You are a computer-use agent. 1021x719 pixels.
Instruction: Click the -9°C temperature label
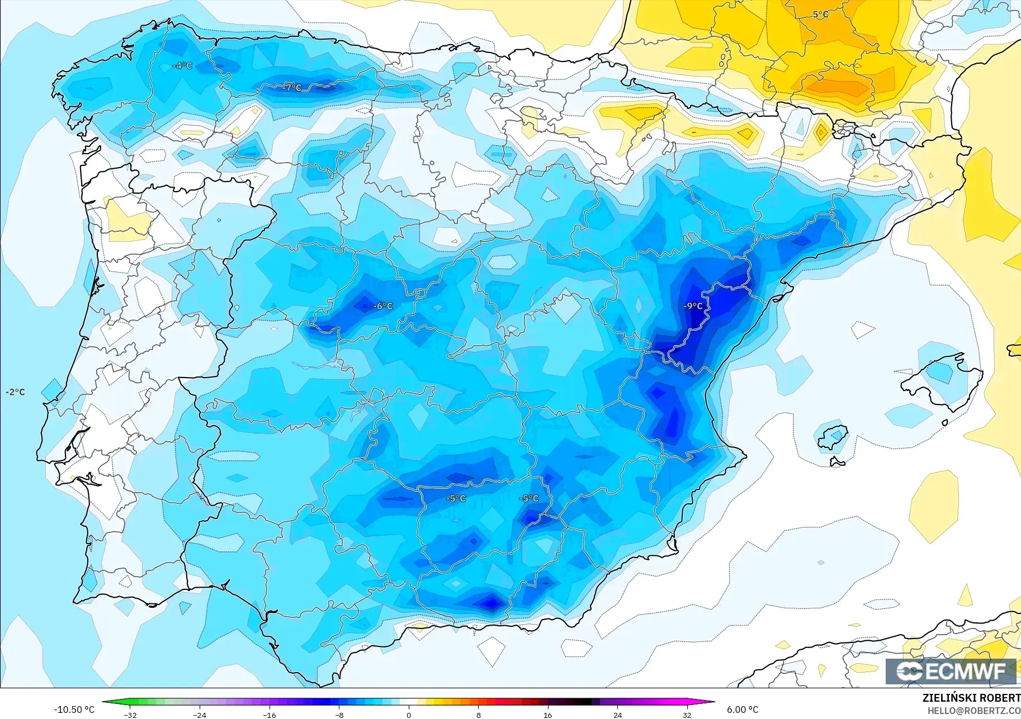click(693, 306)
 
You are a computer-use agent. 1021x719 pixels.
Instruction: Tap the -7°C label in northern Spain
click(291, 88)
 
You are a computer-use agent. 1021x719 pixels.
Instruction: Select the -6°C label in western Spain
click(383, 306)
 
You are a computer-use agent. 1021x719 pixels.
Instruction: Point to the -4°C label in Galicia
click(182, 66)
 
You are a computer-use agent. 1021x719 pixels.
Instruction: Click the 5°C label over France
click(820, 15)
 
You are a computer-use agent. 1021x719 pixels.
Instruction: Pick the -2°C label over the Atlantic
click(15, 392)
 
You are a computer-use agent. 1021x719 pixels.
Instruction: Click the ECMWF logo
click(951, 671)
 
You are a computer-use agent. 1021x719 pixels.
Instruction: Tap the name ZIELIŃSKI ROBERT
click(971, 698)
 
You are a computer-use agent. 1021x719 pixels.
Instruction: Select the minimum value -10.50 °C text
click(74, 710)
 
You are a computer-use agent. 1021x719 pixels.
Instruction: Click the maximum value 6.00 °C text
click(743, 710)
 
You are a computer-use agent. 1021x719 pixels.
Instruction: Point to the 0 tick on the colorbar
click(409, 715)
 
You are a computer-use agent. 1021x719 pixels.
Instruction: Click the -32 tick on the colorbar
click(130, 715)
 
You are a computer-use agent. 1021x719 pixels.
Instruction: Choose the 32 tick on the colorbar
click(687, 715)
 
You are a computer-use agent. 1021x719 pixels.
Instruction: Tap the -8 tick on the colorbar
click(339, 715)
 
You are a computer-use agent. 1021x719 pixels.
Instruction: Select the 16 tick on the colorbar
click(548, 715)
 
